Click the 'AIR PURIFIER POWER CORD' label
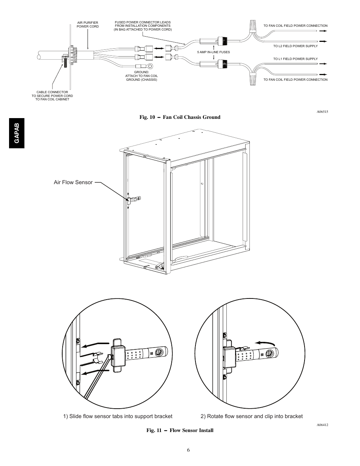[x=88, y=25]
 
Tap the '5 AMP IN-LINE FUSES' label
[x=213, y=52]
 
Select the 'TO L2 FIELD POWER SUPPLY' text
[x=295, y=46]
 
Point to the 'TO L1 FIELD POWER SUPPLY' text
[x=295, y=59]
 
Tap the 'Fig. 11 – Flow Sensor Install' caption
[x=180, y=430]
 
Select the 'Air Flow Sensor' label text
[x=73, y=182]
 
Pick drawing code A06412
[x=322, y=425]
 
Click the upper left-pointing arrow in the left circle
[x=96, y=345]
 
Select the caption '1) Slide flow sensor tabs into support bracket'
[x=118, y=416]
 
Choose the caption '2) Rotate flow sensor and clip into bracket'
[x=251, y=416]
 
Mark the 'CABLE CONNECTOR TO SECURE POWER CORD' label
[x=52, y=95]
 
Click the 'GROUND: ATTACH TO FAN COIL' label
[x=142, y=75]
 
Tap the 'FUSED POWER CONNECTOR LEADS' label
[x=143, y=26]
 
